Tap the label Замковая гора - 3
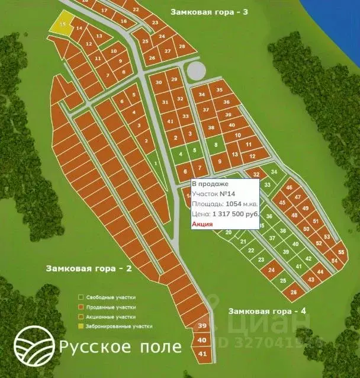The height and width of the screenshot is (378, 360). [209, 12]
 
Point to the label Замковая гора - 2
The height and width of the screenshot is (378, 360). [88, 268]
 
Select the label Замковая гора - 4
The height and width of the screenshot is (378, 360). [267, 311]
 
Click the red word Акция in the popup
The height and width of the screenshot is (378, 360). [202, 224]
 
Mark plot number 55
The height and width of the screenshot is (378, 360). [340, 251]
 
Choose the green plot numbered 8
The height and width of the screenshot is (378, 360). [216, 145]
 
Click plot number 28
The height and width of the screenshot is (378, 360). [182, 46]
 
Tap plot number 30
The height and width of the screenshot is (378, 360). [158, 82]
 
